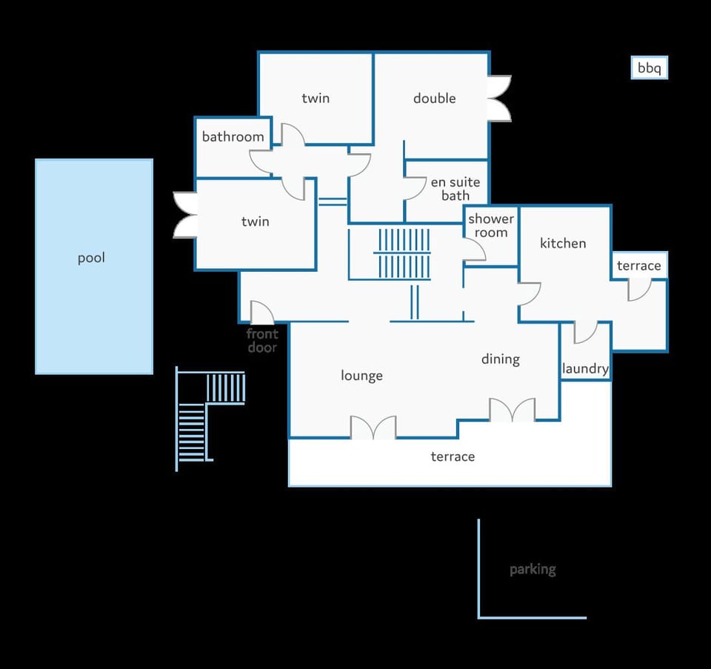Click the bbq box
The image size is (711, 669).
point(650,67)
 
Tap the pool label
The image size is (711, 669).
point(91,258)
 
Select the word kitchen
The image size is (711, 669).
point(563,243)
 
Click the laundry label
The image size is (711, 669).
point(585,369)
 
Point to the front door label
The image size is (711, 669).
point(262,341)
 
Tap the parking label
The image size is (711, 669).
point(533,570)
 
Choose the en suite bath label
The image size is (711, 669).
point(455,189)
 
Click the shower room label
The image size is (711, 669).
point(491,225)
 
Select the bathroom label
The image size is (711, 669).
point(233,136)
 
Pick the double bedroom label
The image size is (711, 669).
point(435,99)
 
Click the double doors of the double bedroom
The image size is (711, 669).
point(500,99)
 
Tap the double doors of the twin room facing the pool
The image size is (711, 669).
point(185,215)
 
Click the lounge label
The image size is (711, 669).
point(361,376)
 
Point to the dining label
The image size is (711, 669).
point(501,359)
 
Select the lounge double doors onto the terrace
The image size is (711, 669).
point(373,427)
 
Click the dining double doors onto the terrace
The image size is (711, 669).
point(512,410)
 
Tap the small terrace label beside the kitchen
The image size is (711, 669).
point(639,265)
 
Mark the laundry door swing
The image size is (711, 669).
point(586,333)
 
